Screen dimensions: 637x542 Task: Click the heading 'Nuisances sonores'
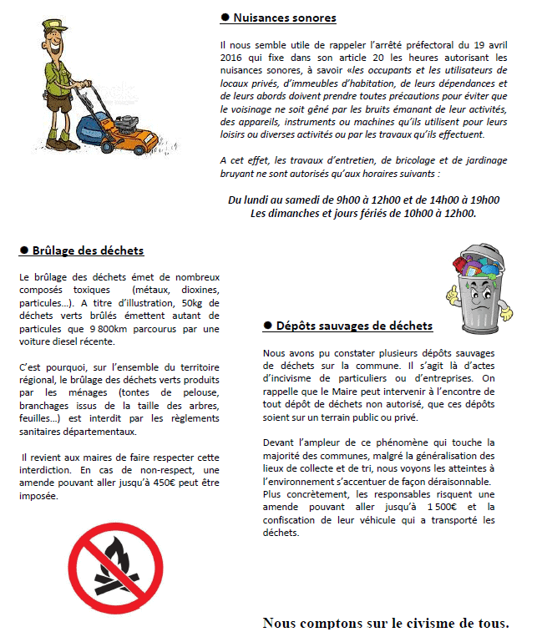coord(285,17)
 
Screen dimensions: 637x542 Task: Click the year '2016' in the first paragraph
coord(235,58)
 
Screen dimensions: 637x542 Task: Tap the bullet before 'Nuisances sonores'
coord(225,17)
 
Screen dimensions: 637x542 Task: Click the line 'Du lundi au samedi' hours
coord(363,200)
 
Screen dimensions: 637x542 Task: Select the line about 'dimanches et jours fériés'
coord(363,213)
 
